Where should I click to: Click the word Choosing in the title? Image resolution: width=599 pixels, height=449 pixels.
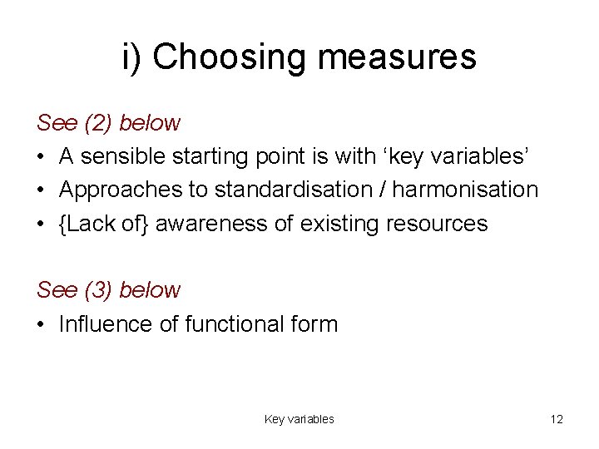click(230, 57)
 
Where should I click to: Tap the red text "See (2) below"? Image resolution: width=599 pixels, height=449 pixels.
click(108, 123)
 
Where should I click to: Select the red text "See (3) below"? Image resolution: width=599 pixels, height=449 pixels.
click(108, 290)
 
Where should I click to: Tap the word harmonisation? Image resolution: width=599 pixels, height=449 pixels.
click(465, 190)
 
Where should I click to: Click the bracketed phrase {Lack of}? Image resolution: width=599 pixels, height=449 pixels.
click(104, 224)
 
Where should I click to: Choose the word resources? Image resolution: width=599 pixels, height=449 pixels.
click(435, 224)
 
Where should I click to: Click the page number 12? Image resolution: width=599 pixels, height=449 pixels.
click(557, 419)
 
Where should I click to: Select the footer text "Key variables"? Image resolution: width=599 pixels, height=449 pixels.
click(299, 419)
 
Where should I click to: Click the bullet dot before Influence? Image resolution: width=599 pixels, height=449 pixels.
click(42, 324)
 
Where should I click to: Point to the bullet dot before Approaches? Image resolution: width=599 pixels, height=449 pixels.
click(42, 190)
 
